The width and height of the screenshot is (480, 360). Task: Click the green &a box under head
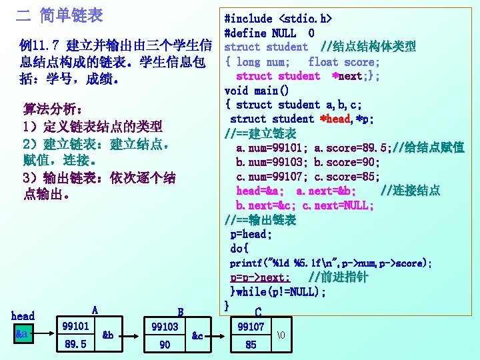22,333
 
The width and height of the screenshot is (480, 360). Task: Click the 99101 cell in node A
75,326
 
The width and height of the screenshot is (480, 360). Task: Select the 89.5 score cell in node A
75,344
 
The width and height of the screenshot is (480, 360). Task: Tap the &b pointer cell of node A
108,335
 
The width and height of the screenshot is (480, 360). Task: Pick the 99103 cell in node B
165,327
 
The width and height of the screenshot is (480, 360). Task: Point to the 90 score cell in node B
165,344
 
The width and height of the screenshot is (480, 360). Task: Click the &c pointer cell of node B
197,336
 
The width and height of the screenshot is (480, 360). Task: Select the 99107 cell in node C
251,327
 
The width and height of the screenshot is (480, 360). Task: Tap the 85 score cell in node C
251,345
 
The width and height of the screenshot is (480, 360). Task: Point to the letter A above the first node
95,310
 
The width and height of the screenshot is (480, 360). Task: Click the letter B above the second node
180,311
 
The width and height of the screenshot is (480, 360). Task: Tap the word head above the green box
23,316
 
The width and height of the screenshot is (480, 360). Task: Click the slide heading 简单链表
71,13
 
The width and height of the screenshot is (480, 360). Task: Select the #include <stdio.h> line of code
278,19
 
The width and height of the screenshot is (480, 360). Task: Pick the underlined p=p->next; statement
260,277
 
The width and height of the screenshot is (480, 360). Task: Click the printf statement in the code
331,263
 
